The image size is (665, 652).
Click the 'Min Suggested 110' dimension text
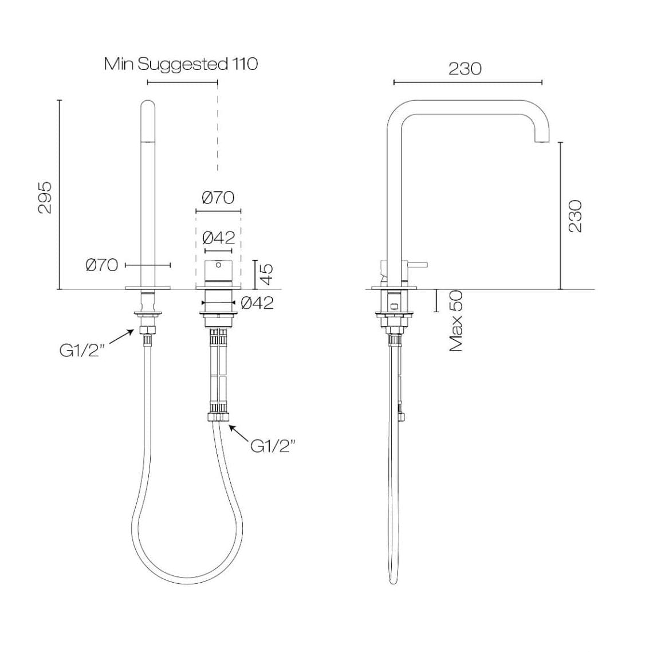pyautogui.click(x=180, y=64)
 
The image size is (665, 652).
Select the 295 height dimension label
pyautogui.click(x=45, y=197)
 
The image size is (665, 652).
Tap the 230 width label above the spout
pyautogui.click(x=465, y=69)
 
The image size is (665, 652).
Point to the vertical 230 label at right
pyautogui.click(x=575, y=216)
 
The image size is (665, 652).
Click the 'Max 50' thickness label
pyautogui.click(x=456, y=321)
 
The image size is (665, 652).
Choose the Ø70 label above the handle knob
pyautogui.click(x=218, y=198)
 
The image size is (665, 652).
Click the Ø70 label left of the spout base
pyautogui.click(x=101, y=265)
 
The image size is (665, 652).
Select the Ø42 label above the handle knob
pyautogui.click(x=218, y=237)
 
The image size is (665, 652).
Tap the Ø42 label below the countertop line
pyautogui.click(x=257, y=303)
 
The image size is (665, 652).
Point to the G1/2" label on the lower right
pyautogui.click(x=273, y=445)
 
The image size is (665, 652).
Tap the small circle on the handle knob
pyautogui.click(x=218, y=265)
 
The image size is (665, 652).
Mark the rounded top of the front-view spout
pyautogui.click(x=148, y=104)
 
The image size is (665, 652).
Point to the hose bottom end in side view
pyautogui.click(x=393, y=580)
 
